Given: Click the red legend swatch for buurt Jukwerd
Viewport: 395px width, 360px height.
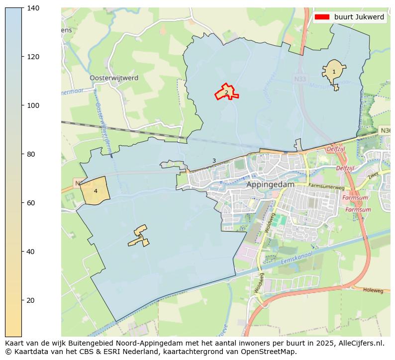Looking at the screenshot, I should pyautogui.click(x=322, y=17).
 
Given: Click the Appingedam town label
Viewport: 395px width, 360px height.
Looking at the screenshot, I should pyautogui.click(x=270, y=184).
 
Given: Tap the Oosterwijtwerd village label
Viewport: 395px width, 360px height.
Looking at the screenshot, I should pyautogui.click(x=114, y=78).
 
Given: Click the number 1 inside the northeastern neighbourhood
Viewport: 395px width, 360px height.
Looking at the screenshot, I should pyautogui.click(x=334, y=72).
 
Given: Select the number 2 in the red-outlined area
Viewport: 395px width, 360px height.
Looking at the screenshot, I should pyautogui.click(x=226, y=92).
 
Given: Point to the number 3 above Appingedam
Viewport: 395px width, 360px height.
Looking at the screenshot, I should pyautogui.click(x=214, y=161).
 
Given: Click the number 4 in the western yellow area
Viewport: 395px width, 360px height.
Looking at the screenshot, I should pyautogui.click(x=96, y=191).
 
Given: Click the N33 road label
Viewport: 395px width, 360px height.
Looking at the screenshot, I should pyautogui.click(x=300, y=79).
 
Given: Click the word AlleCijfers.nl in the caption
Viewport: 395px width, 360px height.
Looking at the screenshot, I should pyautogui.click(x=361, y=343).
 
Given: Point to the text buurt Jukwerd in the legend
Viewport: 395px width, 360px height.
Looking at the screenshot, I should pyautogui.click(x=359, y=17).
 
